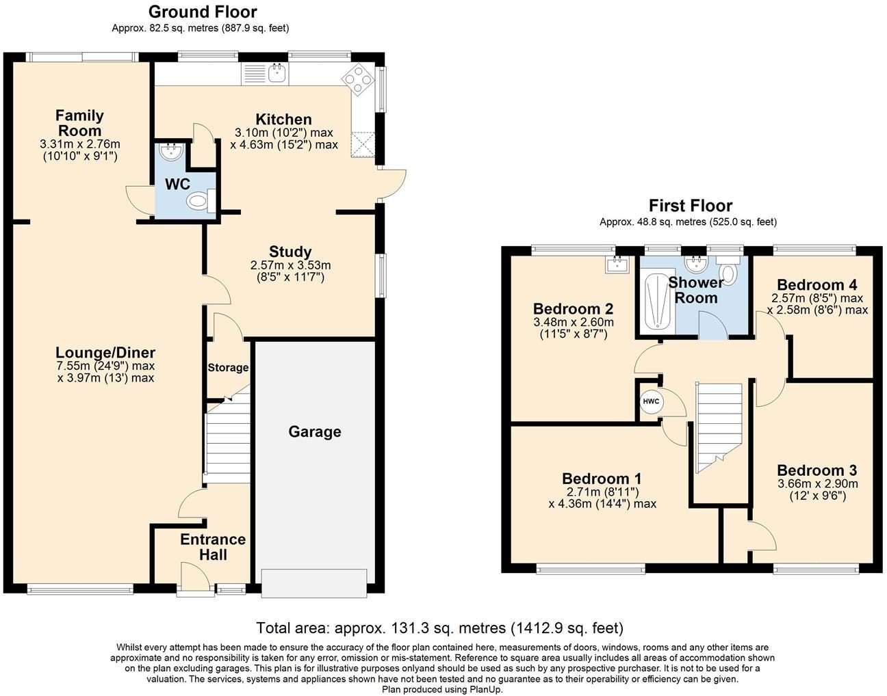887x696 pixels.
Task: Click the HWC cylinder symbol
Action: (x=650, y=401)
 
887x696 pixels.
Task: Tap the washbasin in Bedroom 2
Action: (x=618, y=264)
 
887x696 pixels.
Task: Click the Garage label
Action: (x=314, y=431)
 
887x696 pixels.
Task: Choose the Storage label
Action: (x=228, y=367)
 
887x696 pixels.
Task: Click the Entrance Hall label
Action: (x=213, y=547)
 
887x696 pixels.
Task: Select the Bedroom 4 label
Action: (x=817, y=284)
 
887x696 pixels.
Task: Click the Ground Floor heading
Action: (x=203, y=12)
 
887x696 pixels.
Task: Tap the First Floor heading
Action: (x=690, y=205)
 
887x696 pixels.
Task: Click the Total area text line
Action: (x=439, y=627)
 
